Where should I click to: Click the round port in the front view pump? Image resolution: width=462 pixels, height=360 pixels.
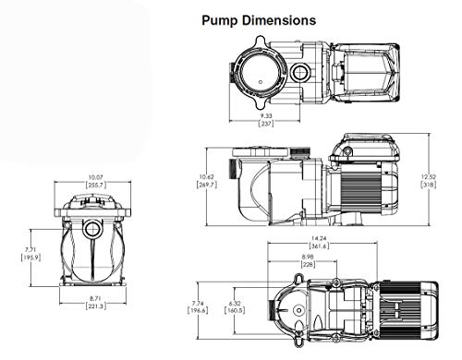click(x=92, y=225)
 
